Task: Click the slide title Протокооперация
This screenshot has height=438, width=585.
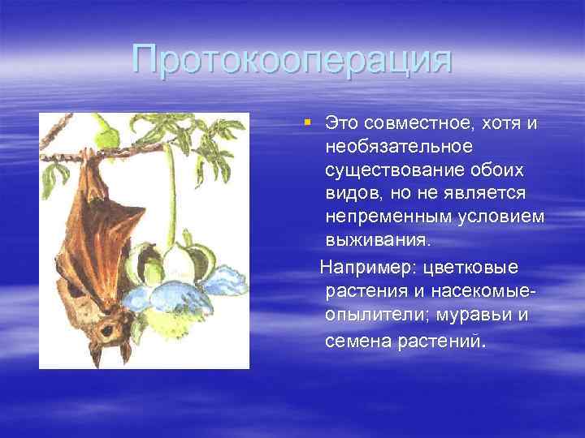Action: [x=292, y=61]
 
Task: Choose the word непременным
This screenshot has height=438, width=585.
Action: [x=386, y=219]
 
